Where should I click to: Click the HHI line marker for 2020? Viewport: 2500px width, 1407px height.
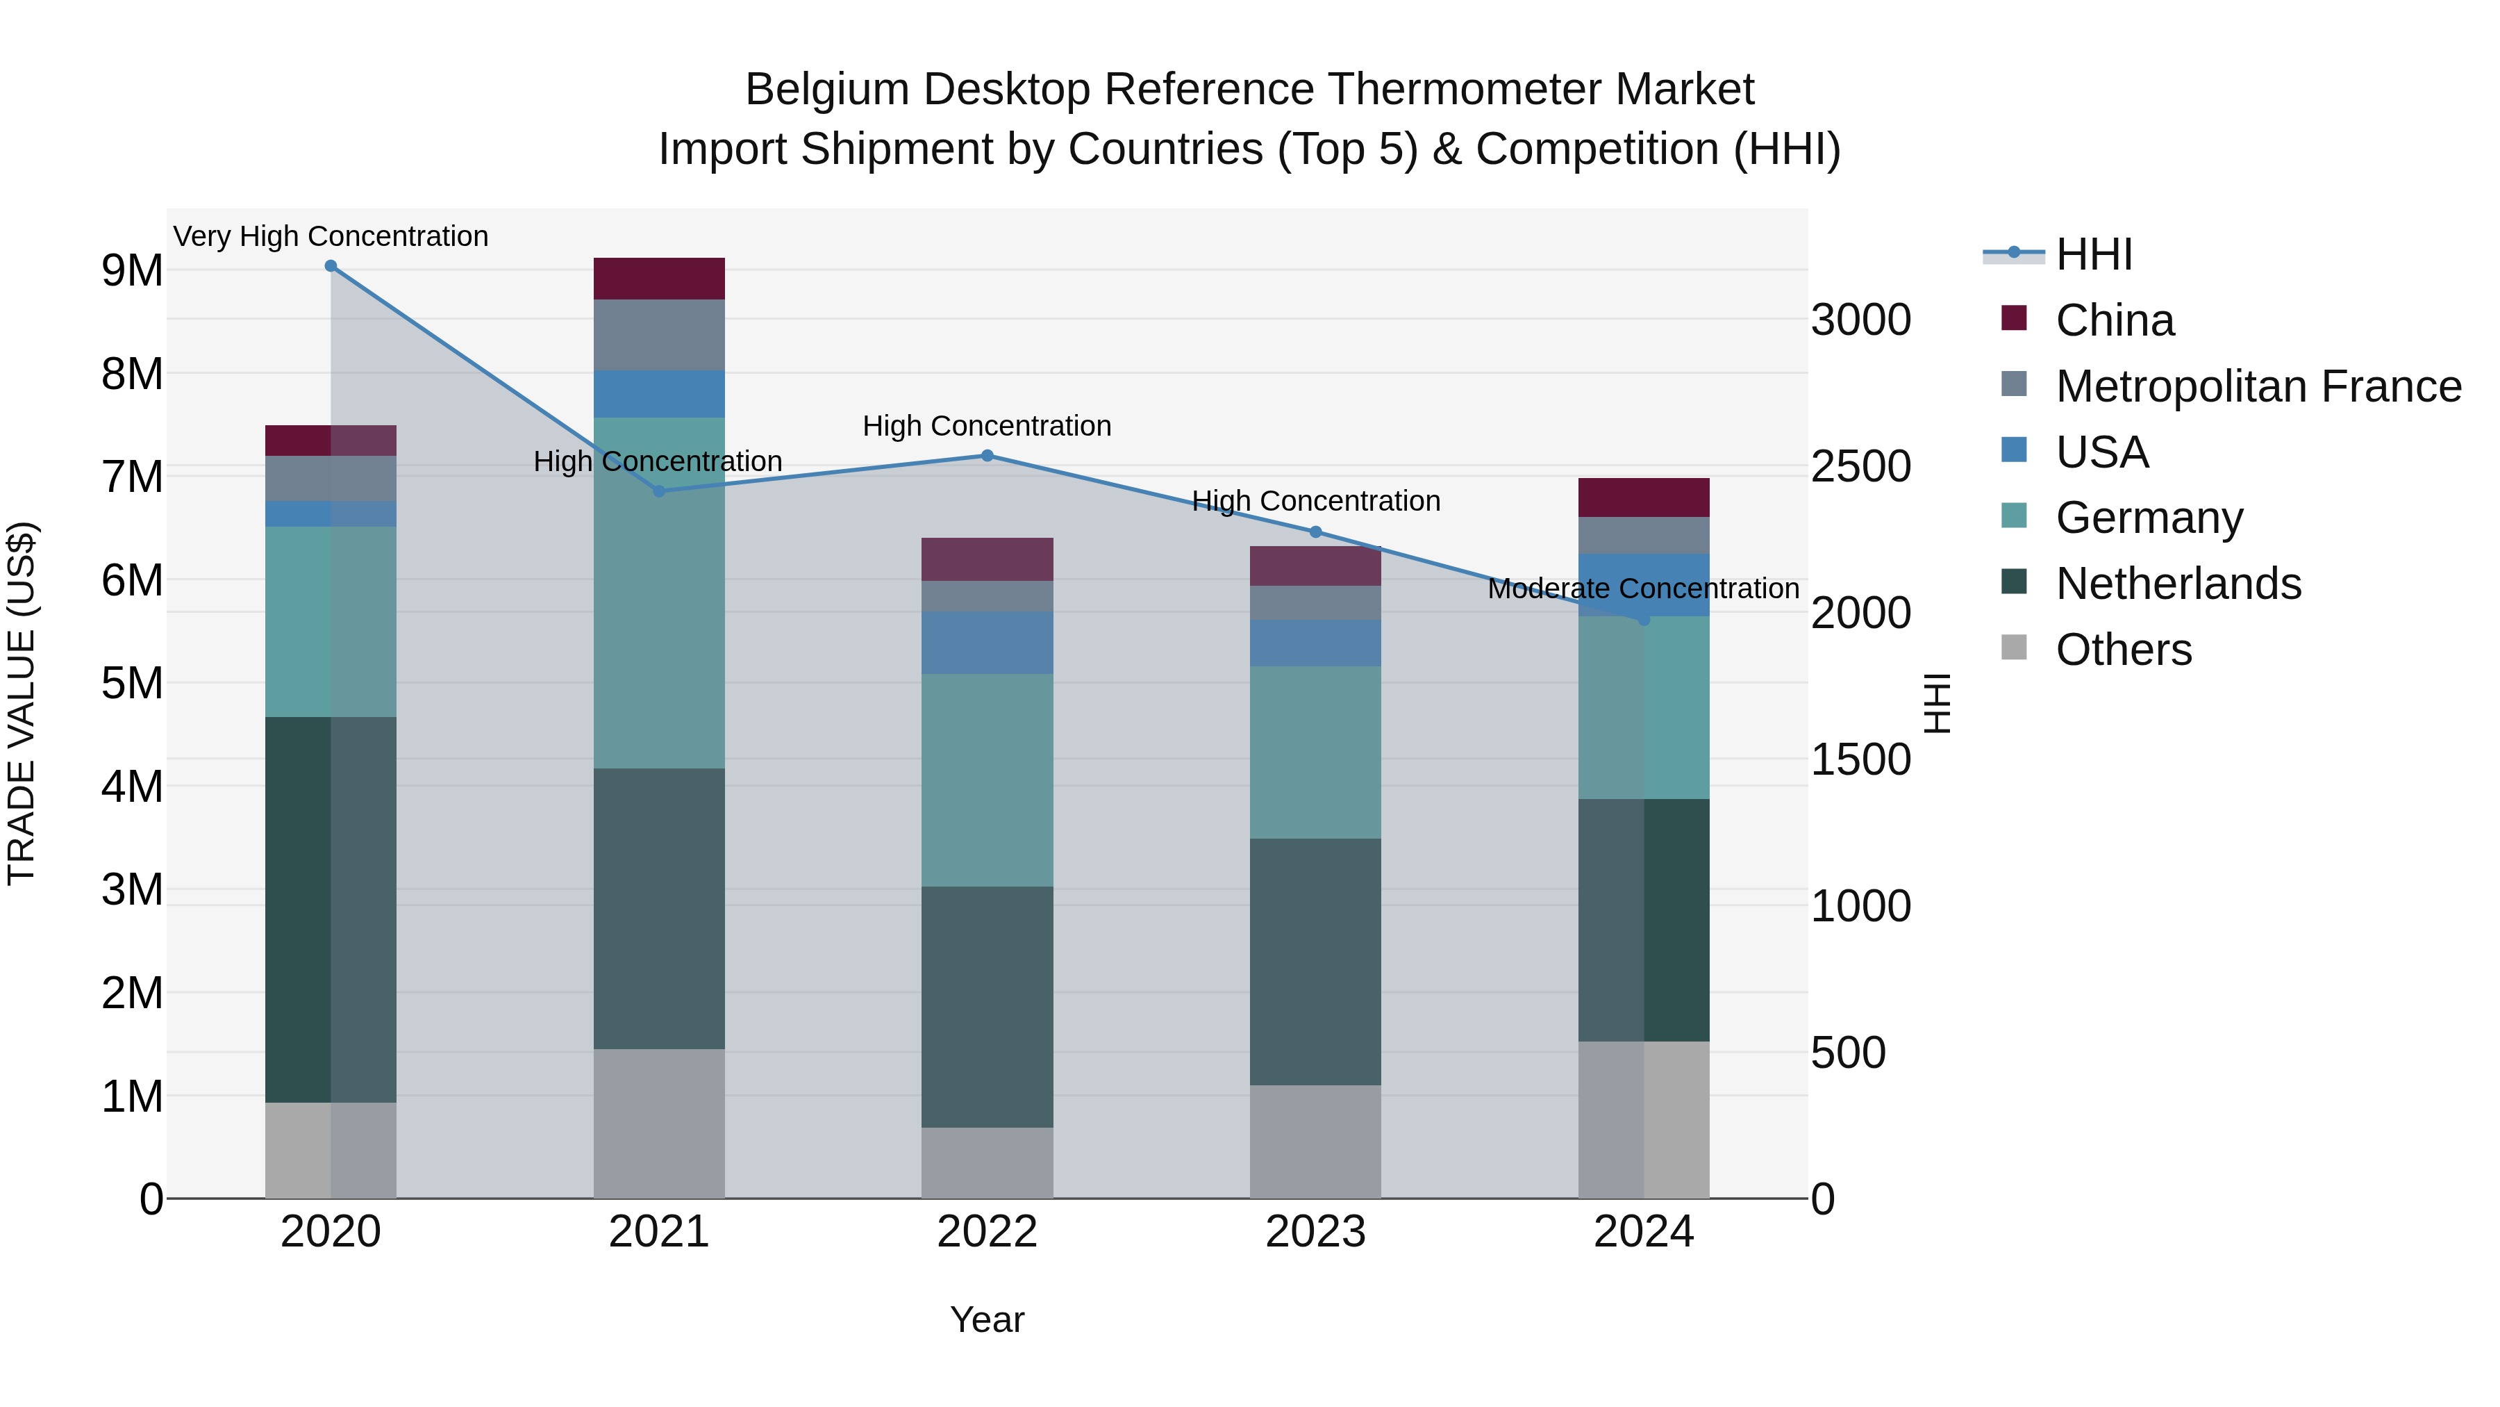[331, 266]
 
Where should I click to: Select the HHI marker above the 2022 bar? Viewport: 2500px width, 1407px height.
[987, 455]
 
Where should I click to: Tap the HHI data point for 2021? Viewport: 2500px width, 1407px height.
[659, 491]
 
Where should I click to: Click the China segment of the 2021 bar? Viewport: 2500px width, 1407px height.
[659, 279]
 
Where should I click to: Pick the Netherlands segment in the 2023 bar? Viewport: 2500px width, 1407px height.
[1315, 962]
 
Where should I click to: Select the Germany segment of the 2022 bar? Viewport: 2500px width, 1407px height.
[987, 780]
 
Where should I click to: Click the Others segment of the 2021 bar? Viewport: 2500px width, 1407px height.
[659, 1123]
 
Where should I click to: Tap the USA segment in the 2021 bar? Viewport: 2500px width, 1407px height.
[659, 393]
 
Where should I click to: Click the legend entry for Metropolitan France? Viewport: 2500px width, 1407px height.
[2258, 386]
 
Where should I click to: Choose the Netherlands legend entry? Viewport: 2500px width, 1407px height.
[2178, 584]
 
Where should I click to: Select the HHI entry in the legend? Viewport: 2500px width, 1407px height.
[2093, 254]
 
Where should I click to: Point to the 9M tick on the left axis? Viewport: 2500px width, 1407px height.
[132, 271]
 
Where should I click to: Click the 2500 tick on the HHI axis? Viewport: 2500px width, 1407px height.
[1860, 467]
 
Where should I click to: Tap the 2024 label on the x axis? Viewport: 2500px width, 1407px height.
[1643, 1232]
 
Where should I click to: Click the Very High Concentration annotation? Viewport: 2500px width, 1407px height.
[331, 236]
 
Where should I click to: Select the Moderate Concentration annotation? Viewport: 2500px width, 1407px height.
[1643, 589]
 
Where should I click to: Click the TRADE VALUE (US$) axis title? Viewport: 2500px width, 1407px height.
[22, 703]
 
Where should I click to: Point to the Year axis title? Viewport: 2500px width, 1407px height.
[987, 1319]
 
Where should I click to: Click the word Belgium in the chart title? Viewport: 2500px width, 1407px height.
[827, 90]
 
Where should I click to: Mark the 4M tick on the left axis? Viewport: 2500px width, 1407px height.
[132, 787]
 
